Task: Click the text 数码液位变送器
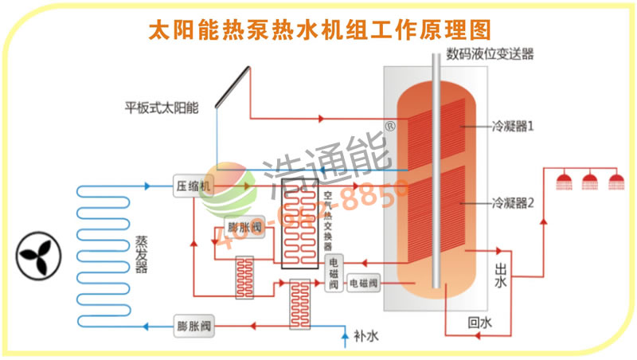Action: (490, 54)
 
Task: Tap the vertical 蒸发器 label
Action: (141, 253)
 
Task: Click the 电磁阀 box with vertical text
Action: (334, 272)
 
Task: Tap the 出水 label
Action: (501, 275)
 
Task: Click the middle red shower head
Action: (590, 181)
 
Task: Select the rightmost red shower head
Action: (616, 181)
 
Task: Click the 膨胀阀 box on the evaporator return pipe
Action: (193, 324)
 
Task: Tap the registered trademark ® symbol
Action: (390, 125)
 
